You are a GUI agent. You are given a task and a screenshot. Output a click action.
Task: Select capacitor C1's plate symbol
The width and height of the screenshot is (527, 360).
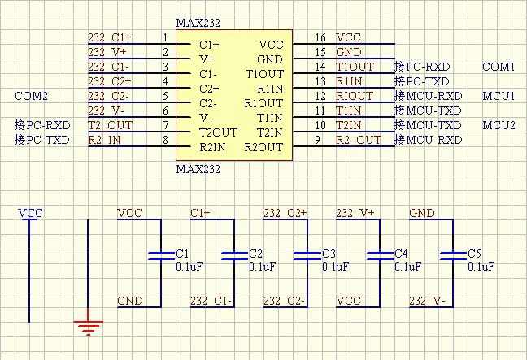pos(161,256)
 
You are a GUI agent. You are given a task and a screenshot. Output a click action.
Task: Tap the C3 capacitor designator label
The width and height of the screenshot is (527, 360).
pos(329,254)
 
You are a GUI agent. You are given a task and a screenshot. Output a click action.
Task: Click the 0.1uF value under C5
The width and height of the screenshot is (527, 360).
pos(481,267)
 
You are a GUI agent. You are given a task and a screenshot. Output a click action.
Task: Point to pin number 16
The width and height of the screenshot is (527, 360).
pos(320,37)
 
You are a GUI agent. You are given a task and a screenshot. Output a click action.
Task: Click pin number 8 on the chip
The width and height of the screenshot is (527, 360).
pos(165,140)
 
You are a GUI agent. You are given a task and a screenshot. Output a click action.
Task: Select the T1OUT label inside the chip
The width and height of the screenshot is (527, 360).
pos(264,74)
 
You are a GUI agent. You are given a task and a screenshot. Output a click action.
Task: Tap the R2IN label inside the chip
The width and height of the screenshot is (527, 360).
pos(212,147)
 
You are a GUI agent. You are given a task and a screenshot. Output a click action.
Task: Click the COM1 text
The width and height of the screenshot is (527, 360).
pos(499,67)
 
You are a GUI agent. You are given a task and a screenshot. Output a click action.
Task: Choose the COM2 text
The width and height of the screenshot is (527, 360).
pos(31,97)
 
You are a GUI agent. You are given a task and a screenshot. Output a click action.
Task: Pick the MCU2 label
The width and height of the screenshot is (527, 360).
pos(499,126)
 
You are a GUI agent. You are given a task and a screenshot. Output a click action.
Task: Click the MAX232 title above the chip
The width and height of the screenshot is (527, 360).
pos(198,24)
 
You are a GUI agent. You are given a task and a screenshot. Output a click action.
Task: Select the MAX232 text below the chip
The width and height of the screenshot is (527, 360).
pos(198,169)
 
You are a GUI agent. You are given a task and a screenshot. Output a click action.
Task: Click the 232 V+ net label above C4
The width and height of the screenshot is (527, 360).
pos(355,213)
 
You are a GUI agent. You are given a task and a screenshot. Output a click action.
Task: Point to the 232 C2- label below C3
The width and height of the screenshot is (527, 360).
pos(284,301)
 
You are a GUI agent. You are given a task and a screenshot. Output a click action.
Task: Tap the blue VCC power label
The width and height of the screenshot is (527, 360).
pos(31,213)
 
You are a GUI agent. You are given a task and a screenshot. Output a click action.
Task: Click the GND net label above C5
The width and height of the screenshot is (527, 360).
pos(422,213)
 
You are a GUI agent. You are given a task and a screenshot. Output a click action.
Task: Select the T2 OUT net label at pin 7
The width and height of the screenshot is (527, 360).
pos(111,125)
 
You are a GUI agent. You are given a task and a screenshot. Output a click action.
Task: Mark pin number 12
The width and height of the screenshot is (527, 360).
pos(320,97)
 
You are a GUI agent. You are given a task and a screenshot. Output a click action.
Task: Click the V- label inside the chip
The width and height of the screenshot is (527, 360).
pos(206,118)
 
